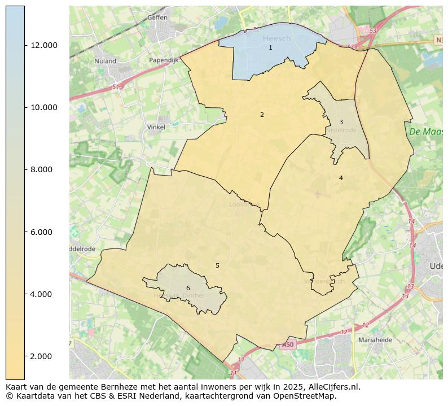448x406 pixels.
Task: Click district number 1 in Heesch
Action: click(x=270, y=48)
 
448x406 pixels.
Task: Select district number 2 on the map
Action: click(x=262, y=115)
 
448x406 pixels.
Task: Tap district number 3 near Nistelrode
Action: click(x=341, y=122)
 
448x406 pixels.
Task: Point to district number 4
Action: click(x=341, y=178)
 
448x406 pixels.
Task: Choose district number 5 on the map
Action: click(x=217, y=265)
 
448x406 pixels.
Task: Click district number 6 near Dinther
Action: click(x=188, y=288)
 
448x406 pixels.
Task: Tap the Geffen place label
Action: click(x=157, y=18)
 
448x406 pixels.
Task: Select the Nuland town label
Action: click(x=106, y=61)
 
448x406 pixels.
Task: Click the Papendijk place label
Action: click(x=164, y=60)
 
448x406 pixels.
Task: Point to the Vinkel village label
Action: click(x=156, y=127)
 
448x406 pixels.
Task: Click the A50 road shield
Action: click(x=288, y=344)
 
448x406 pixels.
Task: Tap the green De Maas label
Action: click(x=425, y=132)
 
